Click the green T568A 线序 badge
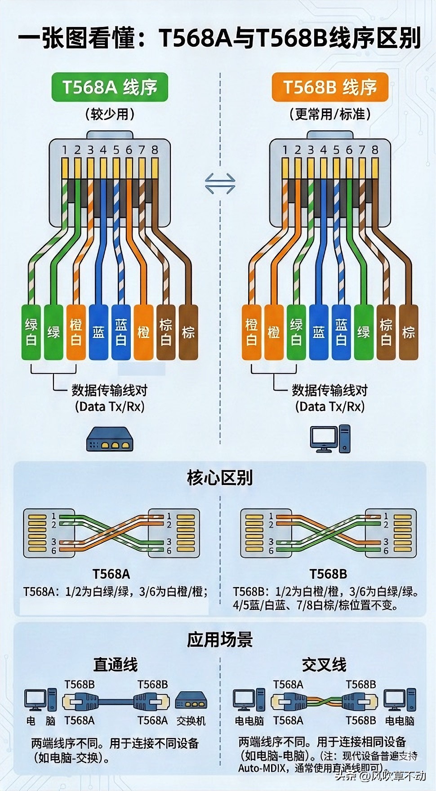pos(109,87)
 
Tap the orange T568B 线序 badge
pos(329,87)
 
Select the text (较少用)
pos(110,114)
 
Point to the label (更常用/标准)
pos(330,114)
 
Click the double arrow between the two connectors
pos(220,183)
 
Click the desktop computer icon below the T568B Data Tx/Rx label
pos(330,439)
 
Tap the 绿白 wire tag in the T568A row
pos(31,332)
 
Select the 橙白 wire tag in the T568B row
pos(251,332)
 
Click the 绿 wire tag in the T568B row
pos(364,332)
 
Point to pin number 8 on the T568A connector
pos(155,150)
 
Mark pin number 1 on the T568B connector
pos(285,150)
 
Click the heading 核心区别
pos(220,477)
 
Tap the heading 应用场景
pos(220,639)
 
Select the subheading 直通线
pos(116,664)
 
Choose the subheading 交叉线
pos(324,664)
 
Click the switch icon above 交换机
pos(191,700)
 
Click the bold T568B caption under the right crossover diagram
pos(328,574)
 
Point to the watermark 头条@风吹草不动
pos(380,775)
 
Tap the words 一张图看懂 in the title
pos(76,38)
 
